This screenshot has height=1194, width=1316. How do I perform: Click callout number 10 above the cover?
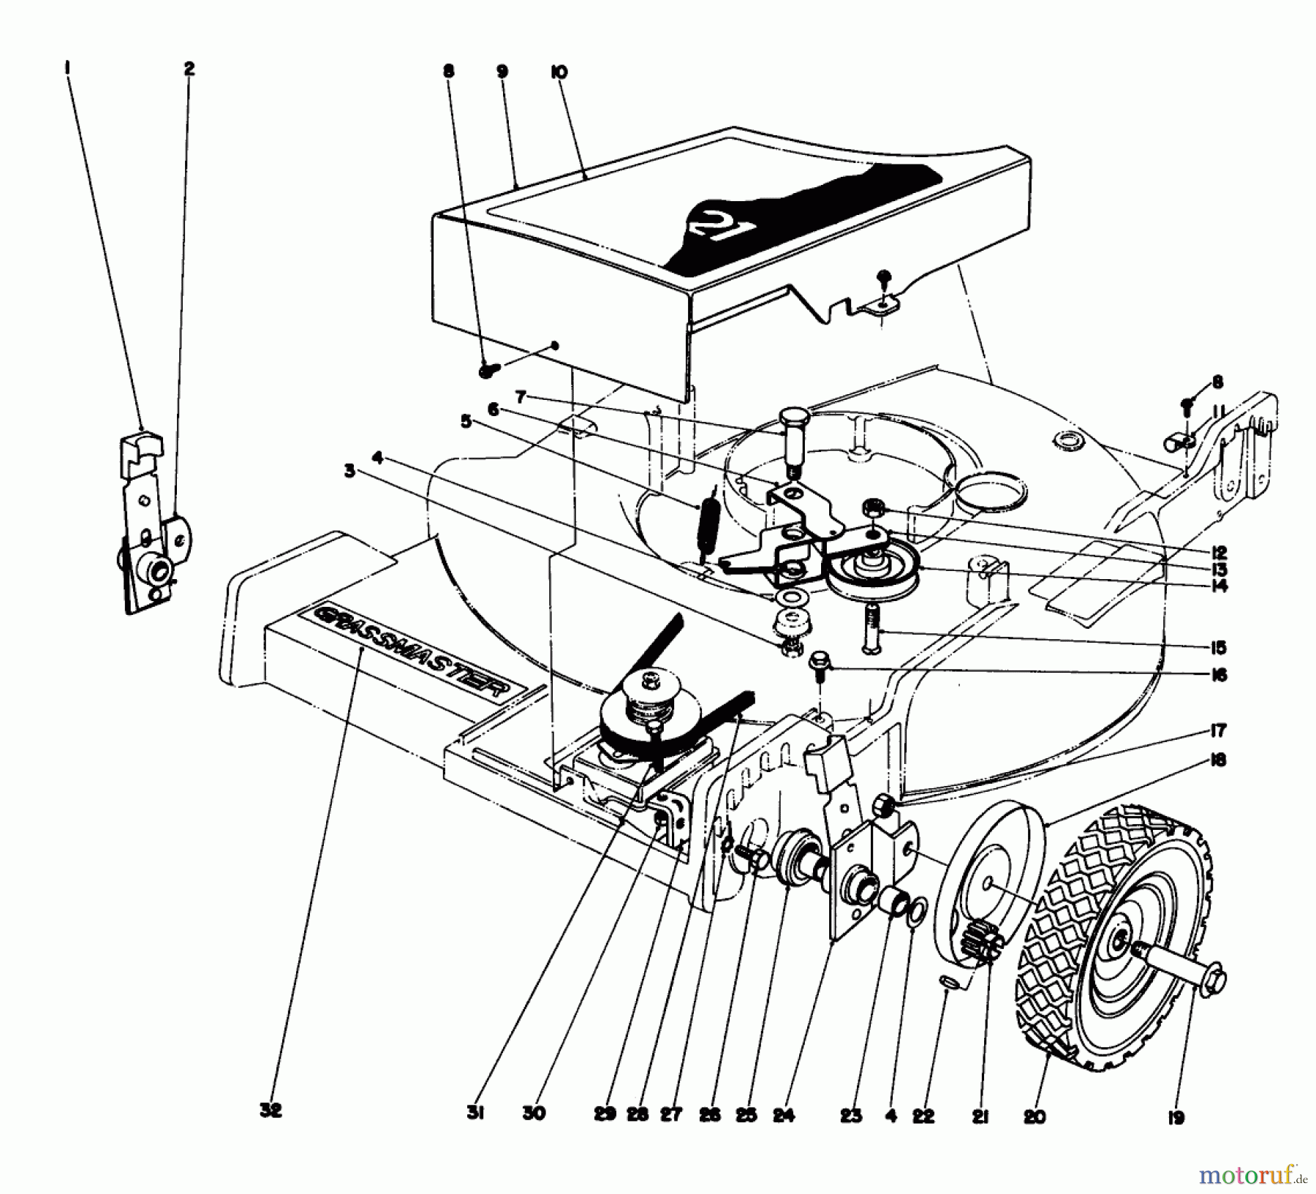tap(559, 72)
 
